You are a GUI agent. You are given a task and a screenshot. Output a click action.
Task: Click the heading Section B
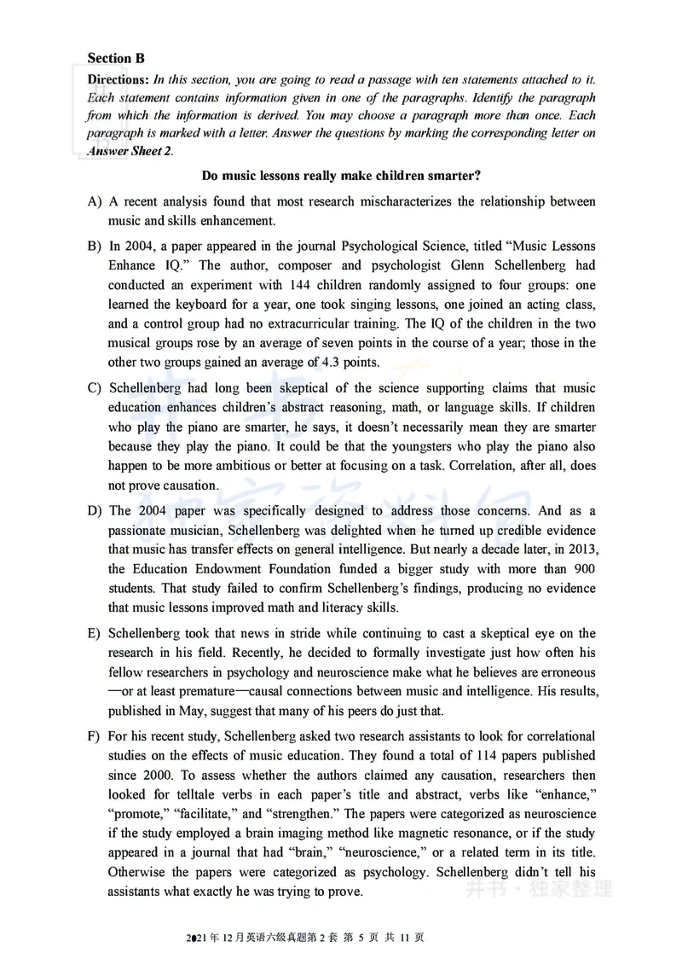point(116,58)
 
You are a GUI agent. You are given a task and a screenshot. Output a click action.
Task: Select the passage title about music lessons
point(341,177)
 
